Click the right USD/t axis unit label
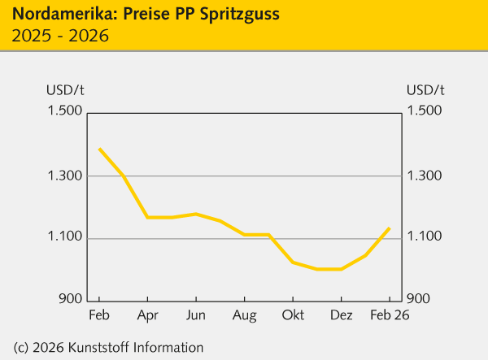[425, 89]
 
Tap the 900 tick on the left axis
[66, 299]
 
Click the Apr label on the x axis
[147, 315]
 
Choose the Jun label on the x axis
[195, 315]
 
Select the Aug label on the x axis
[244, 315]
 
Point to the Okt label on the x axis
[292, 315]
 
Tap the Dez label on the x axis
[341, 315]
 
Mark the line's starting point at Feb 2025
[99, 149]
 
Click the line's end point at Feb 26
[390, 228]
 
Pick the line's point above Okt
[293, 262]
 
